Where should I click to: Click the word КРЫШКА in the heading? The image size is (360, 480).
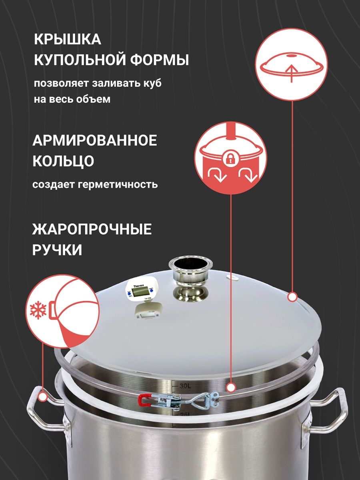[x=68, y=40]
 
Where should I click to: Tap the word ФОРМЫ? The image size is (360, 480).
[x=160, y=60]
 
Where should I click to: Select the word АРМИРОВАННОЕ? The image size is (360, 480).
[x=95, y=140]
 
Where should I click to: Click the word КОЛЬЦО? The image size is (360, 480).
[x=63, y=161]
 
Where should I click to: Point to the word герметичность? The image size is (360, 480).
[x=118, y=185]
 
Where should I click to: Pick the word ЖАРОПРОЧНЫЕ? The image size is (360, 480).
[x=92, y=229]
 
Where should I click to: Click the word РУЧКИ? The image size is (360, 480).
[x=57, y=250]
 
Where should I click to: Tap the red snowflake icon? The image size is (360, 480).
[x=38, y=310]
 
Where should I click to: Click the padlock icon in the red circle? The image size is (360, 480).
[x=230, y=159]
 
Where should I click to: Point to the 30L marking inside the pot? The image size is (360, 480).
[x=185, y=386]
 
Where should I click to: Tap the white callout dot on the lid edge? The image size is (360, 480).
[x=292, y=297]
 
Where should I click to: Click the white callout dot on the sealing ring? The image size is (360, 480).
[x=231, y=388]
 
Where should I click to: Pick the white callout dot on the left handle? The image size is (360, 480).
[x=43, y=396]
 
